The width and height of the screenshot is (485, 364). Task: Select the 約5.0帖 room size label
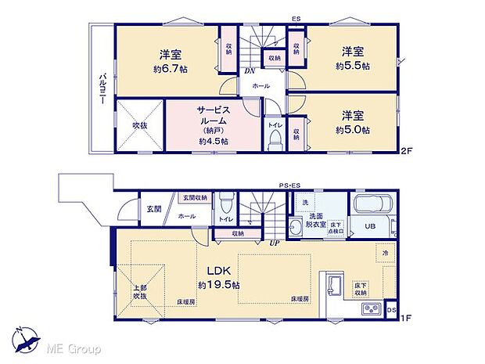[353, 129]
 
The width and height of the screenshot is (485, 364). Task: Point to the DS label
[392, 311]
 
